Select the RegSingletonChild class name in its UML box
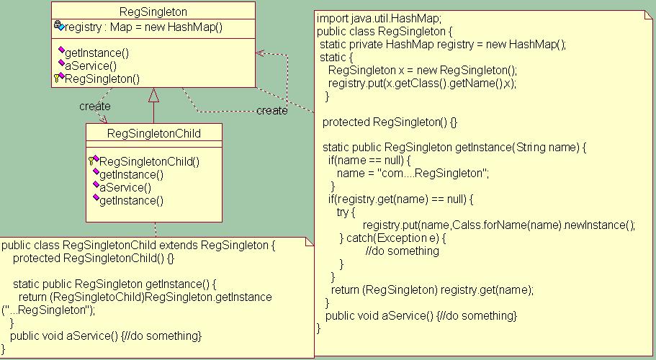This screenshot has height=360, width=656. [x=153, y=133]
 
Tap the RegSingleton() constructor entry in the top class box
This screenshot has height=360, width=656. [x=102, y=78]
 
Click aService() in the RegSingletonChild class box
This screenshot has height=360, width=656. [x=125, y=187]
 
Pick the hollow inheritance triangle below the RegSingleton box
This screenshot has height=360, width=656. [x=153, y=94]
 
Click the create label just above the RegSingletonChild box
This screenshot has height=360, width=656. [x=94, y=107]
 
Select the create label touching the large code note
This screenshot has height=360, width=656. [x=271, y=111]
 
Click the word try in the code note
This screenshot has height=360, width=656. [x=346, y=212]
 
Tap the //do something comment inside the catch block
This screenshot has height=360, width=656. [x=402, y=251]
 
